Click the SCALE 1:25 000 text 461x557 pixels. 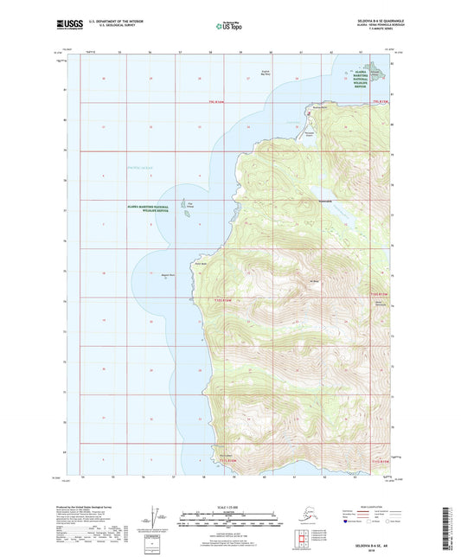tap(230, 504)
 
